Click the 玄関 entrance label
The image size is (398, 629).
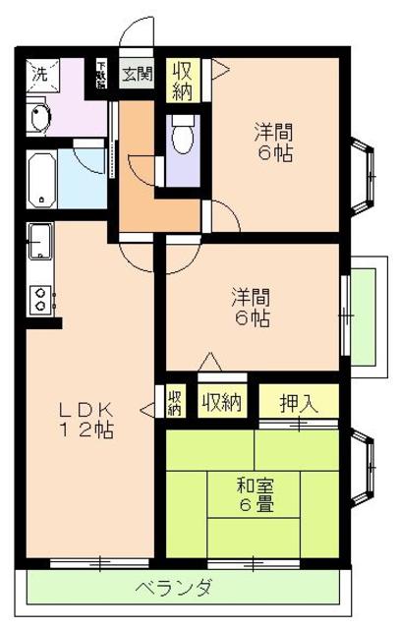point(137,73)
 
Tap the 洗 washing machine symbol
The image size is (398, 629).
point(41,72)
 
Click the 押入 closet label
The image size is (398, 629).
point(299,401)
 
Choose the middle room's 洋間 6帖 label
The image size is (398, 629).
point(252,307)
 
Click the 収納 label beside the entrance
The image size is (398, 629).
point(182,80)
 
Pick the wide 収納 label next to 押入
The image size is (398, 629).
point(223,401)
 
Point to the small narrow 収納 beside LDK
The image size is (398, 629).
point(174,402)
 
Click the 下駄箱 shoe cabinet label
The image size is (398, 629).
point(101,74)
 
